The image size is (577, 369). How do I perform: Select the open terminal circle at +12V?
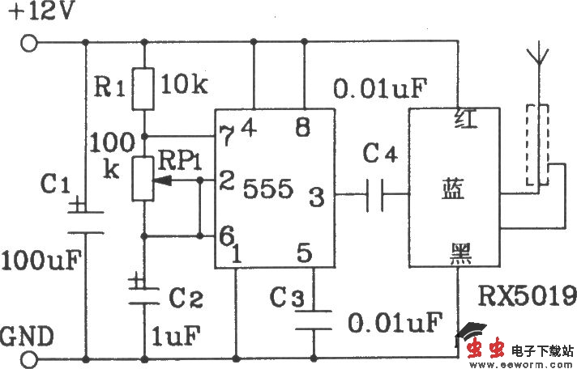pos(29,44)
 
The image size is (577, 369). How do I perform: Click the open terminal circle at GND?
pos(29,357)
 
